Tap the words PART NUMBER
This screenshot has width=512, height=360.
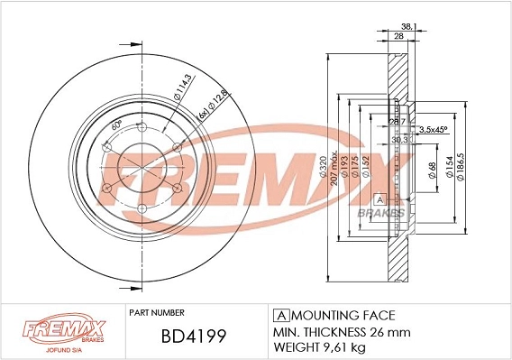point(158,314)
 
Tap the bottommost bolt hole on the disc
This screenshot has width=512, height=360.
point(143,208)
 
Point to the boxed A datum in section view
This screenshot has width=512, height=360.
point(379,198)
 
